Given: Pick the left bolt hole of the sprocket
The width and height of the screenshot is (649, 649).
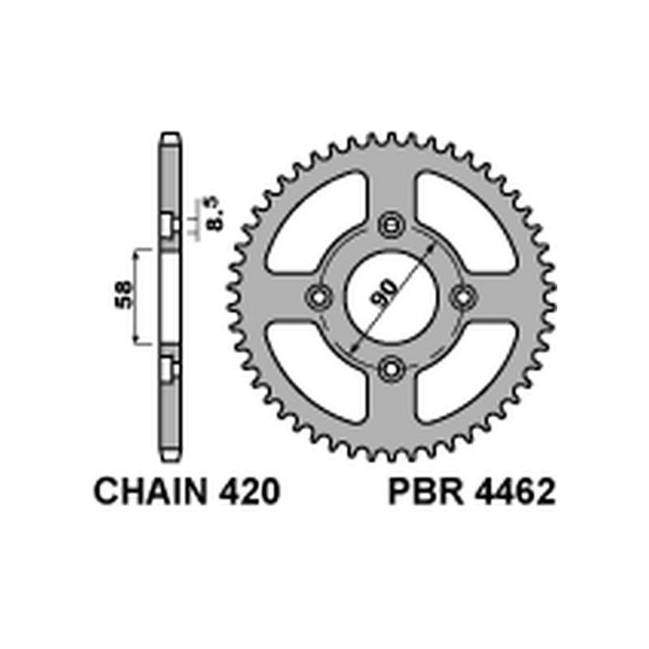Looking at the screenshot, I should click(x=317, y=297).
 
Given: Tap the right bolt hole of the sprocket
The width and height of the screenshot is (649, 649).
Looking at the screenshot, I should click(x=465, y=297).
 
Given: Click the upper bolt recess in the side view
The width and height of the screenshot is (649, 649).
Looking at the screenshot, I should click(x=169, y=225).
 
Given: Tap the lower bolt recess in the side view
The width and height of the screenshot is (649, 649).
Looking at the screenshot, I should click(x=169, y=369).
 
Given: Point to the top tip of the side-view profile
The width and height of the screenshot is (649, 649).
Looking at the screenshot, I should click(x=168, y=139).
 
